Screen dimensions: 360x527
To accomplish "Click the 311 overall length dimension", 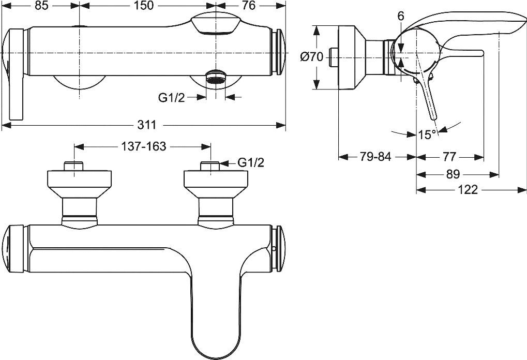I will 147,125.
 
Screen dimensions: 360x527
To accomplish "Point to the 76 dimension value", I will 249,7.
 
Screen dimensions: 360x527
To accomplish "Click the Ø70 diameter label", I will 311,57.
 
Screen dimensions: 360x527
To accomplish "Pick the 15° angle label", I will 427,134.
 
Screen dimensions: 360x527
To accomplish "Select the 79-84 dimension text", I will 376,157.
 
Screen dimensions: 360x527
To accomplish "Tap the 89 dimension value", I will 452,174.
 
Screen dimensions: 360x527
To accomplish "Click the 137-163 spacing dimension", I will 143,146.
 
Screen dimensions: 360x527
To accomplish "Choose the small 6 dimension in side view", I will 401,17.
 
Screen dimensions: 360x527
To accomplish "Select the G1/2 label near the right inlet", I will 250,163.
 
